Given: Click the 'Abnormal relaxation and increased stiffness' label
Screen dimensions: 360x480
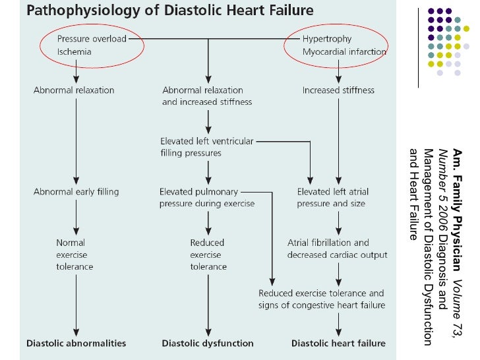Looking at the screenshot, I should tap(207, 96).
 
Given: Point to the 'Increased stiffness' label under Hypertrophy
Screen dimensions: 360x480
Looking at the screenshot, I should tap(338, 90).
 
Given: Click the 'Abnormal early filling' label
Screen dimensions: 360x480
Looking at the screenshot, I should tap(76, 192).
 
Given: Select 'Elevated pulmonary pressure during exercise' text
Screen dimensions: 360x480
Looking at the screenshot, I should tap(207, 197).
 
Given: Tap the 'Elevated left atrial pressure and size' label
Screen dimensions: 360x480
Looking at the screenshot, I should tap(333, 197).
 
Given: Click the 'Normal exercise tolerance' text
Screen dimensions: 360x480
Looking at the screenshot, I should tap(75, 255).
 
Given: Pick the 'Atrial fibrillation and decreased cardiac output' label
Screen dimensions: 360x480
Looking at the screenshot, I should tap(337, 249).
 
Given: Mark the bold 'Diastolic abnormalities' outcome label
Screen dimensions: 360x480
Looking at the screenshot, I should tap(76, 343).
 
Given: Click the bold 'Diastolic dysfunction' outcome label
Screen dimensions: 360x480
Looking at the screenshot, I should tap(208, 343).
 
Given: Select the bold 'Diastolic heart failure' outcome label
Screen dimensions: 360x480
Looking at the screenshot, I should tap(338, 343).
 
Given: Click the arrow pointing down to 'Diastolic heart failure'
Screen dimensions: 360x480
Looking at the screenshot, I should tap(339, 324).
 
